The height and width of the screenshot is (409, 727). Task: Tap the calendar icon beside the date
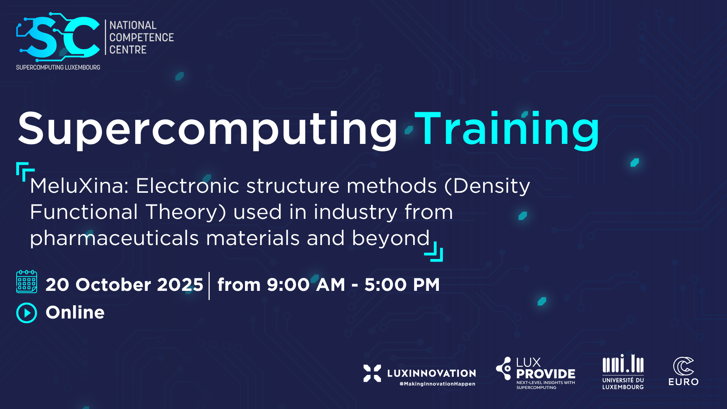point(27,282)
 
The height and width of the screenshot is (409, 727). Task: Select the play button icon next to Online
point(27,313)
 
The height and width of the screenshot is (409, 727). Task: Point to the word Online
point(75,312)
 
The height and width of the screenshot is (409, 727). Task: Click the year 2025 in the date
point(180,285)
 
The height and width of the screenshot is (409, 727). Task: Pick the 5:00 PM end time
point(402,285)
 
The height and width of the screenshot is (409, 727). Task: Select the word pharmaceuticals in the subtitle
point(114,239)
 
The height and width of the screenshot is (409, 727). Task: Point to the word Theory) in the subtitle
point(186,212)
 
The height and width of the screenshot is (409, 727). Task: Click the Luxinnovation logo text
point(431,373)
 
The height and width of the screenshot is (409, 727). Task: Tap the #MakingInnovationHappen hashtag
point(437,384)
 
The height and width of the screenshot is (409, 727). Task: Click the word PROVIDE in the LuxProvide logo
point(546,374)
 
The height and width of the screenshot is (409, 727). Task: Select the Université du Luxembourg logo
point(623,372)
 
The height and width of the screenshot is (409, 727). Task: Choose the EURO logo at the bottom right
point(683,372)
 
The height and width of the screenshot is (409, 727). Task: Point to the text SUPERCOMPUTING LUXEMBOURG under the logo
point(58,67)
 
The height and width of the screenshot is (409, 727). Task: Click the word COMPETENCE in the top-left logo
point(142,37)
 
